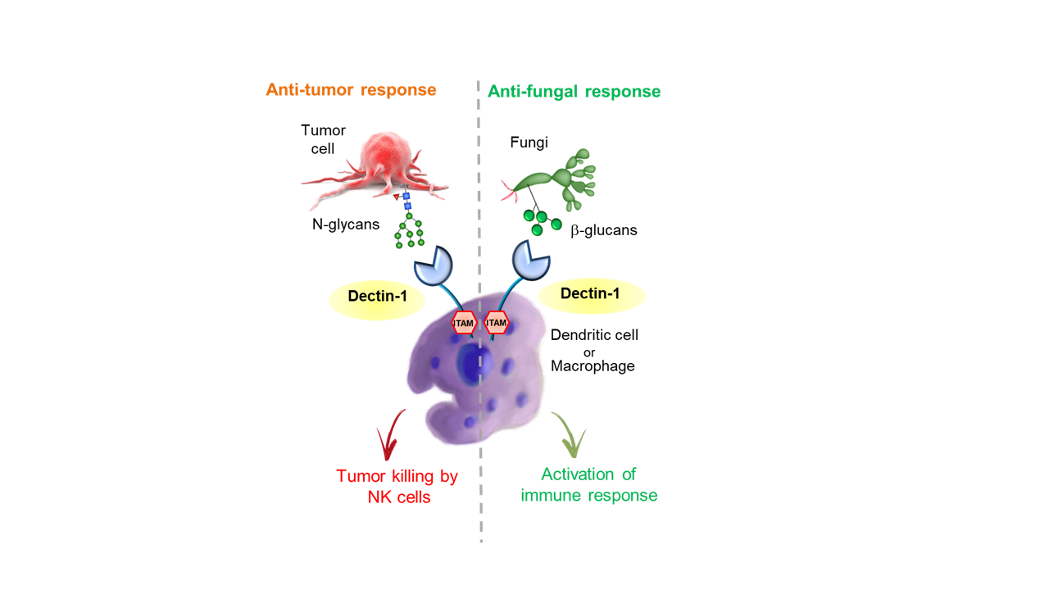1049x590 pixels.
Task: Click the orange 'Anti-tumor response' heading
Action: (351, 89)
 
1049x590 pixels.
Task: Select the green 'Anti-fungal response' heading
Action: (574, 91)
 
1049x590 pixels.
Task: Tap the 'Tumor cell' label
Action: (323, 139)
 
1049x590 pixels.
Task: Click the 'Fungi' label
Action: (529, 142)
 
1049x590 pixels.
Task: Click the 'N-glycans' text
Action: (346, 225)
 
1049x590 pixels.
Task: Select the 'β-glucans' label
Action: (604, 230)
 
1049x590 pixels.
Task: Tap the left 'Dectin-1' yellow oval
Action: (377, 300)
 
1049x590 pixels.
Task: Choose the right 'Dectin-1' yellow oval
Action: (592, 296)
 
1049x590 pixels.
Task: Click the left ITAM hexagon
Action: (464, 323)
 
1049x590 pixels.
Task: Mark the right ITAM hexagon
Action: (497, 323)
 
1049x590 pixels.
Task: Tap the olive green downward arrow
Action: (569, 435)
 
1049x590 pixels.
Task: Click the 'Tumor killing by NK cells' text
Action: (397, 487)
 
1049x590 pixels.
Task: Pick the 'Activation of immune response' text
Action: (589, 484)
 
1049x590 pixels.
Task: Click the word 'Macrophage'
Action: (593, 365)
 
